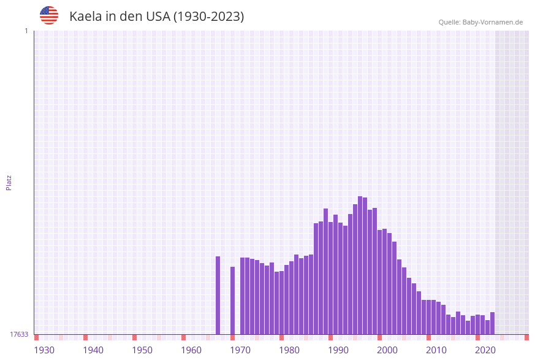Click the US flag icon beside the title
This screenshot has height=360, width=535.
(x=49, y=15)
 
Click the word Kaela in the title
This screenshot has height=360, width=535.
(x=85, y=17)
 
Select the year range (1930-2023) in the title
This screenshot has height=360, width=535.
(x=208, y=17)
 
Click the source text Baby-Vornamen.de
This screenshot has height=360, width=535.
(x=492, y=23)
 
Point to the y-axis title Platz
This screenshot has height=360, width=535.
(x=9, y=182)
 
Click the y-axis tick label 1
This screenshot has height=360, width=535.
(x=26, y=31)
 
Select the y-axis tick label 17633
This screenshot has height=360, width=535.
(x=19, y=334)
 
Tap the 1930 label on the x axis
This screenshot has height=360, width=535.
(x=44, y=350)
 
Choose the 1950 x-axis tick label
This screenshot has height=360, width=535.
(x=142, y=350)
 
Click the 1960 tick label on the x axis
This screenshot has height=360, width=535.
(x=191, y=350)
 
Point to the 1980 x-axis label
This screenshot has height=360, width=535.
(x=289, y=350)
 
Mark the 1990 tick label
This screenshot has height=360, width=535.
(x=338, y=350)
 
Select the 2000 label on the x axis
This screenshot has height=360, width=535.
(x=387, y=350)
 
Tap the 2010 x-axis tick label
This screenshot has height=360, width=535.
(x=436, y=350)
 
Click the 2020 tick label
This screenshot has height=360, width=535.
(x=485, y=350)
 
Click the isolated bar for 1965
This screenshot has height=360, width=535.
(x=218, y=295)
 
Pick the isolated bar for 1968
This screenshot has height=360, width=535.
(x=232, y=301)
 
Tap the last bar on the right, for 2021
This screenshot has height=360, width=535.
(x=492, y=323)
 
